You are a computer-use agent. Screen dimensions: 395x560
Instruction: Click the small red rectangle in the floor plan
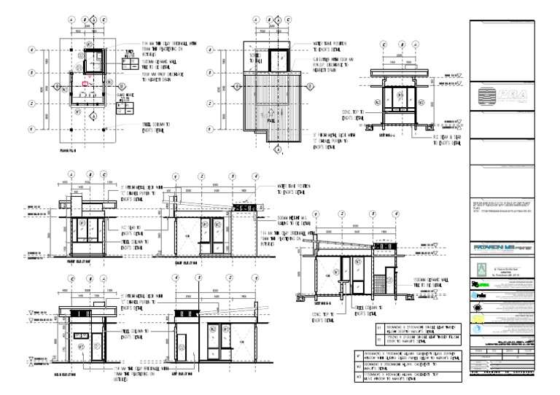click(86, 85)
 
